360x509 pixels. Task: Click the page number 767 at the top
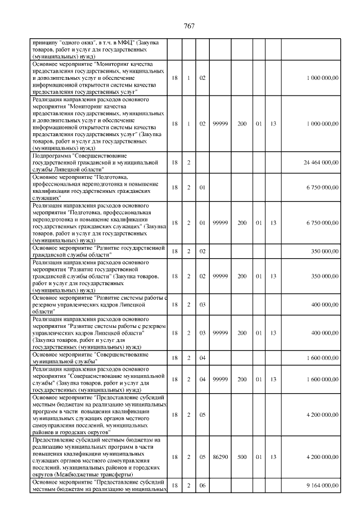click(189, 26)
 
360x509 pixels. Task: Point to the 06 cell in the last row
click(201, 485)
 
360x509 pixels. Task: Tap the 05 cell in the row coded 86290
click(201, 458)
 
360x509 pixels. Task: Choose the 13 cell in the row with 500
click(273, 458)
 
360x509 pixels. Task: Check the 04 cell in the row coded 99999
click(201, 380)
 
